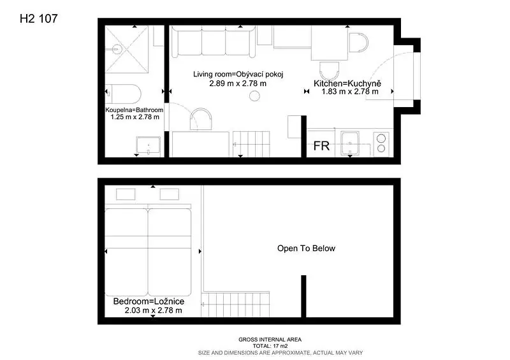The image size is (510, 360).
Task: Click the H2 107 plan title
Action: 38,18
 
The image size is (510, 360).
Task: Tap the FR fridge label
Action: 321,146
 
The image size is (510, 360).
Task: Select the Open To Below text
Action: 306,248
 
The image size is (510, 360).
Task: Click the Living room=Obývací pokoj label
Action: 238,74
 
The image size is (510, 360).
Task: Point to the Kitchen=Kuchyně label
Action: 347,83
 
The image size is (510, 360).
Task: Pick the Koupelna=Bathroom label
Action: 135,110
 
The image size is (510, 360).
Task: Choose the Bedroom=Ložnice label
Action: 149,301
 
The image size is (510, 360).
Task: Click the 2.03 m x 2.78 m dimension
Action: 153,310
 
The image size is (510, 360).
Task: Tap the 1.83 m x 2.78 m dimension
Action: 350,92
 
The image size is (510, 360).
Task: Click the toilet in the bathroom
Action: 123,94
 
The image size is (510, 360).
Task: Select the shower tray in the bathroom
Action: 126,50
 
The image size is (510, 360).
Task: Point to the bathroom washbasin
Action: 149,145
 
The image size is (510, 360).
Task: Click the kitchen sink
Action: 349,143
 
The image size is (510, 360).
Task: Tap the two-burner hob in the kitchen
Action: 381,143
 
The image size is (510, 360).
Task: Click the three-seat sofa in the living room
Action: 214,41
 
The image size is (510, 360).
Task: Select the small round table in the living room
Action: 254,96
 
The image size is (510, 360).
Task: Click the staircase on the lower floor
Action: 251,145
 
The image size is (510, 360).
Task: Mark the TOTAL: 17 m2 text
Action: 270,346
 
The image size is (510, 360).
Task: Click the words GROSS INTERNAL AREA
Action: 270,340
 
